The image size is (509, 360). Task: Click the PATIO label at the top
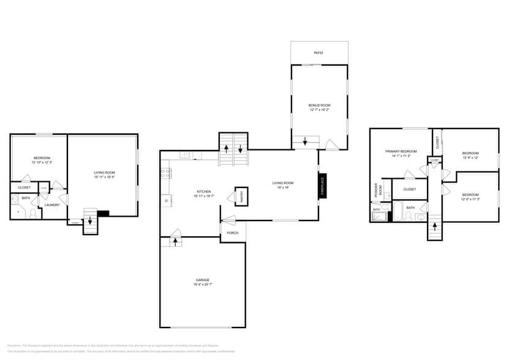pos(319,53)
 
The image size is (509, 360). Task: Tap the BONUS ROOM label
pos(319,105)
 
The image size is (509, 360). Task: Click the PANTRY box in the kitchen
pos(241,196)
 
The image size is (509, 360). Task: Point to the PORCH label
pos(233,233)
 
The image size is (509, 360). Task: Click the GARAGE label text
pos(203,280)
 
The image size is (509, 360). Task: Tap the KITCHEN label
pos(203,191)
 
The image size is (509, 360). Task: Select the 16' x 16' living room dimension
pos(283,187)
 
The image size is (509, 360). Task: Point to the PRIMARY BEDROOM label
pos(401,151)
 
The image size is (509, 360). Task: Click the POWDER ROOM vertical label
pos(378,189)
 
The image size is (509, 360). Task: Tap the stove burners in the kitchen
pos(165,173)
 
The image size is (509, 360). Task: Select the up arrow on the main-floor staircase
pos(226,148)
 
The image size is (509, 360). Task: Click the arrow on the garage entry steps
pos(176,241)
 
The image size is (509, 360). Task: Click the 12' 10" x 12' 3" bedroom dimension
pos(42,162)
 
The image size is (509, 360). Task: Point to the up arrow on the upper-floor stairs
pos(435,226)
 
